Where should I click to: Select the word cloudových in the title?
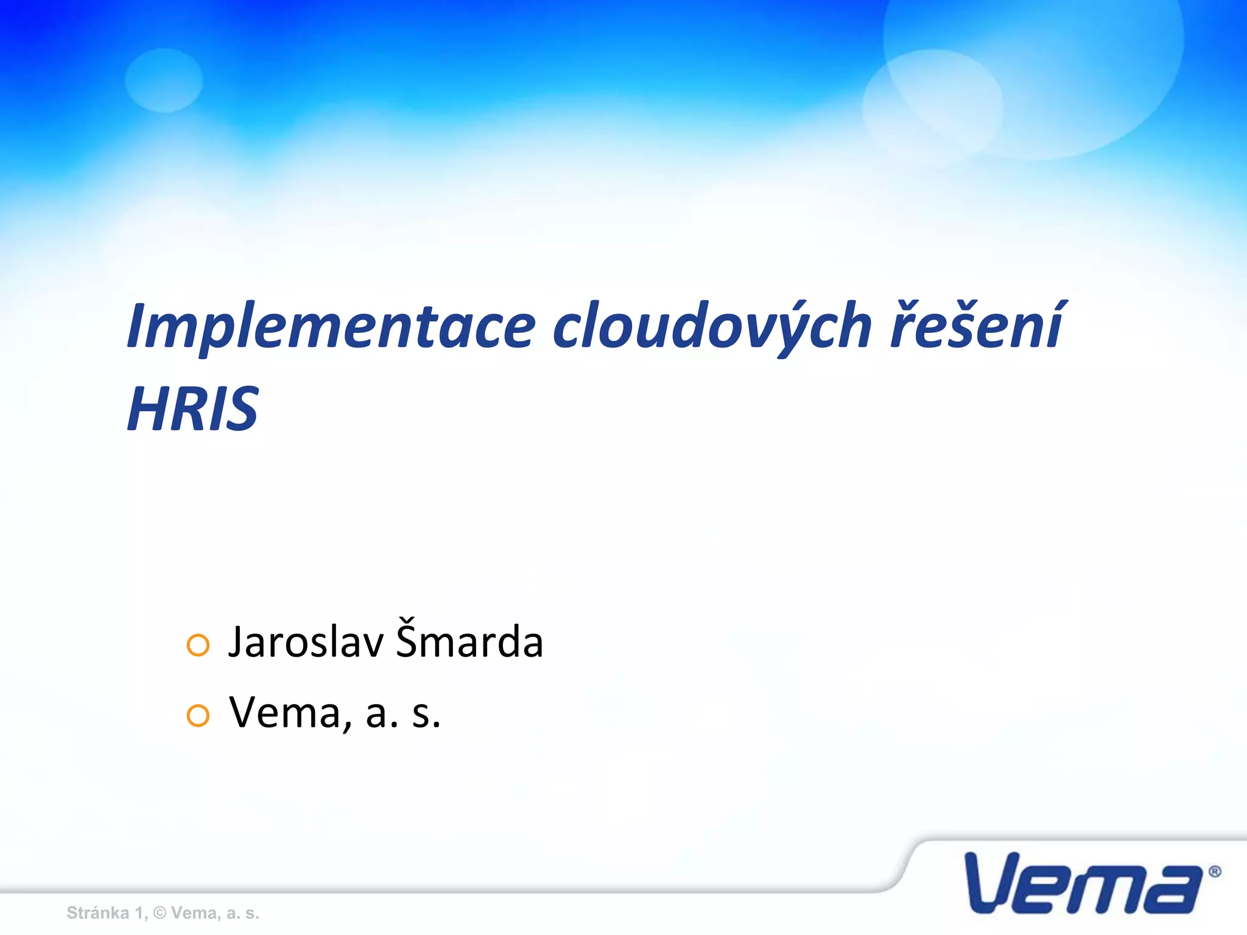(x=712, y=327)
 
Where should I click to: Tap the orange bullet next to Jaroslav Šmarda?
(x=198, y=645)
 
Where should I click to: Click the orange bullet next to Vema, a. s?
(x=198, y=716)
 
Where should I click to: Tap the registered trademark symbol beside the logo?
(x=1214, y=872)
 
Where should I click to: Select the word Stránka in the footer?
(x=97, y=913)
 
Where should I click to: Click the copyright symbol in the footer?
(x=160, y=913)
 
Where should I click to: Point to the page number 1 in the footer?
(x=139, y=913)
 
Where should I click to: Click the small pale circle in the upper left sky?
(x=164, y=80)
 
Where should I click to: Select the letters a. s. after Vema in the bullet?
(x=402, y=713)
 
